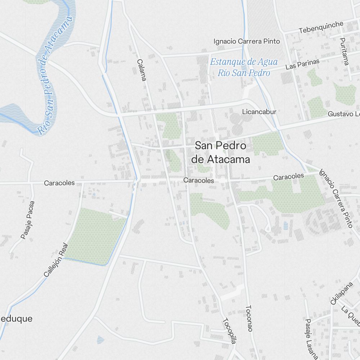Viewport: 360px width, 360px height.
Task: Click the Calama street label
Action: pos(141,70)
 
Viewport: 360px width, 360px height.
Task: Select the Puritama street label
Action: pos(344,51)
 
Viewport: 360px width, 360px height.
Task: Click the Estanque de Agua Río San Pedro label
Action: pos(244,67)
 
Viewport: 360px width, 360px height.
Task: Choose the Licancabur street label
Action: pos(259,112)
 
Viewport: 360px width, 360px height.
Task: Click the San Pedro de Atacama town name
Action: pos(222,152)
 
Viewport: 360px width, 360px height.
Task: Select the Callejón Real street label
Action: pos(55,259)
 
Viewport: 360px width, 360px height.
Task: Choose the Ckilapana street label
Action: pos(339,293)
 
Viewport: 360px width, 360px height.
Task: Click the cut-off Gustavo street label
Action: pos(343,114)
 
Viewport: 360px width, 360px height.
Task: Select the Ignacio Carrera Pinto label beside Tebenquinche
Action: pos(246,41)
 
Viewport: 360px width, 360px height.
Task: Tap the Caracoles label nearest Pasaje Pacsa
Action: pos(59,183)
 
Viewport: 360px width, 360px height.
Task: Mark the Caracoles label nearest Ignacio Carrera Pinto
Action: pos(288,177)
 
